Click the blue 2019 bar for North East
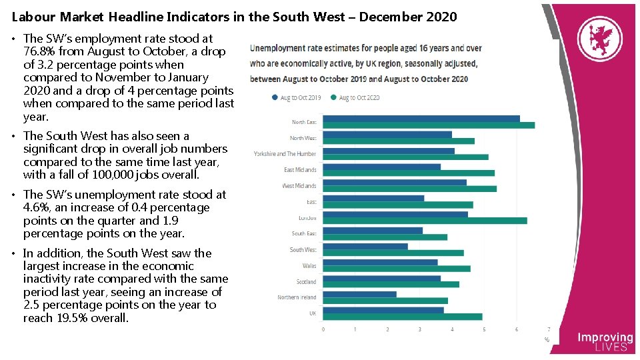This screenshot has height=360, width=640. pyautogui.click(x=421, y=119)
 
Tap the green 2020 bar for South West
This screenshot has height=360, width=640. pyautogui.click(x=393, y=253)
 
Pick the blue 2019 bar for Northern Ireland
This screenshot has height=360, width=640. pyautogui.click(x=359, y=294)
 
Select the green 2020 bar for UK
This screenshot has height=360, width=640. pyautogui.click(x=403, y=317)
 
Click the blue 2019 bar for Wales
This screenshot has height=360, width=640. pyautogui.click(x=380, y=263)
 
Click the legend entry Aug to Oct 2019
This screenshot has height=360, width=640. pyautogui.click(x=297, y=97)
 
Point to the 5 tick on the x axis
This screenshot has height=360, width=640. pyautogui.click(x=484, y=329)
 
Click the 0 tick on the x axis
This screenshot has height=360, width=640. pyautogui.click(x=323, y=329)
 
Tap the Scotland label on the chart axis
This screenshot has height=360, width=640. pyautogui.click(x=306, y=281)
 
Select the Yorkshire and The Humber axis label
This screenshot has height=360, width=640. pyautogui.click(x=285, y=154)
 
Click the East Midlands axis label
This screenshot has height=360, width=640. pyautogui.click(x=300, y=170)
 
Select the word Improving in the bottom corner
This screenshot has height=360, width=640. pyautogui.click(x=605, y=338)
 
